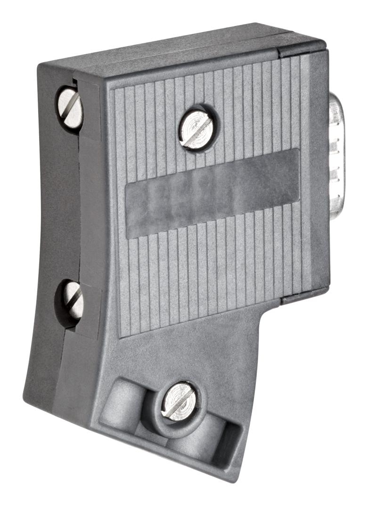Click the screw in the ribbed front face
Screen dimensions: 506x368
(x=196, y=129)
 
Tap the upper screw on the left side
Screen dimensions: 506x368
(x=70, y=108)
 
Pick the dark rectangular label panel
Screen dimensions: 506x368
(x=212, y=193)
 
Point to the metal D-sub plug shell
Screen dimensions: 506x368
(x=337, y=155)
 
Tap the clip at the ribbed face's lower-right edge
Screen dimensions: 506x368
(x=302, y=297)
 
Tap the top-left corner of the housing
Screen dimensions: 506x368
(x=42, y=66)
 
